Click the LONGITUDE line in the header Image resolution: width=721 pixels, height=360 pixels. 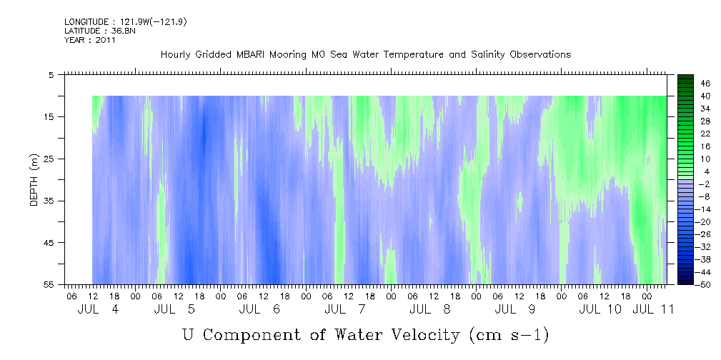126,22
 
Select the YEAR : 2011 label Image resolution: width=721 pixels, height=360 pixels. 89,40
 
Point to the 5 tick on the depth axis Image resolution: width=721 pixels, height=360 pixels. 51,74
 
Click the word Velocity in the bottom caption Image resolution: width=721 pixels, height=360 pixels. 421,334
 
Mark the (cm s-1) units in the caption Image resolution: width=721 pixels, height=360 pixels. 508,334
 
